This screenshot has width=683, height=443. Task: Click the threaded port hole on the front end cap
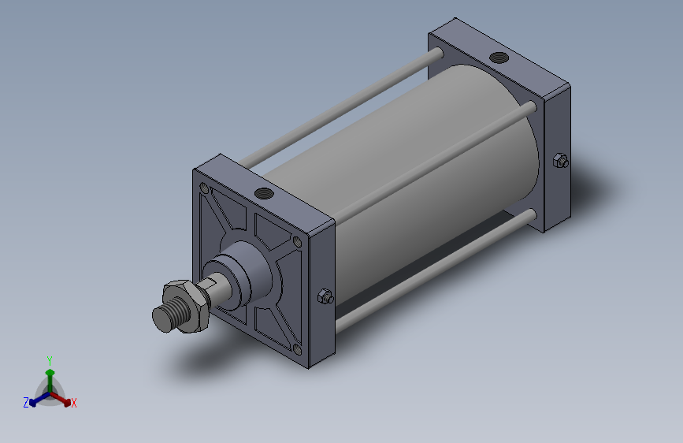pyautogui.click(x=262, y=192)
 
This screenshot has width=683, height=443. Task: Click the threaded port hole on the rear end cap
pyautogui.click(x=498, y=57)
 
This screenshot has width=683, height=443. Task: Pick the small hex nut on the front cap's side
pyautogui.click(x=324, y=296)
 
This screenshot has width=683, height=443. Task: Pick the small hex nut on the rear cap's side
pyautogui.click(x=559, y=161)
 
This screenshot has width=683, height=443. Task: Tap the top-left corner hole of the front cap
pyautogui.click(x=205, y=189)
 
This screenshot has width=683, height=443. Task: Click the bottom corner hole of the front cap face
pyautogui.click(x=297, y=349)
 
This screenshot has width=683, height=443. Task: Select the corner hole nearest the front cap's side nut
pyautogui.click(x=296, y=242)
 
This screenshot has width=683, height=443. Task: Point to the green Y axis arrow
pyautogui.click(x=50, y=371)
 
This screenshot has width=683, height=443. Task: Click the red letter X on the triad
pyautogui.click(x=74, y=404)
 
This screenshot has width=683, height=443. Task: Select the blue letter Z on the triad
pyautogui.click(x=26, y=403)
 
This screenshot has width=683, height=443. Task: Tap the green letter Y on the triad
pyautogui.click(x=50, y=359)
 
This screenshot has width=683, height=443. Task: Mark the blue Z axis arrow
pyautogui.click(x=36, y=400)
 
